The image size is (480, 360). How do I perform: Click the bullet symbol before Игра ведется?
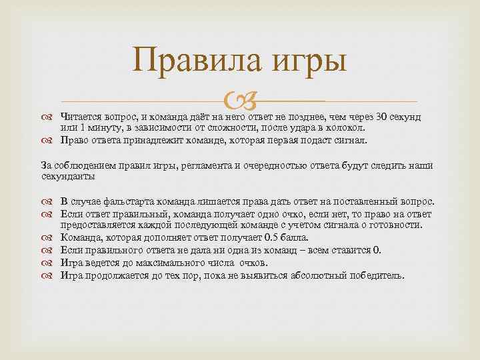point(51,262)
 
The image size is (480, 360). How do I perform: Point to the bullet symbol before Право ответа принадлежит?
point(51,141)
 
